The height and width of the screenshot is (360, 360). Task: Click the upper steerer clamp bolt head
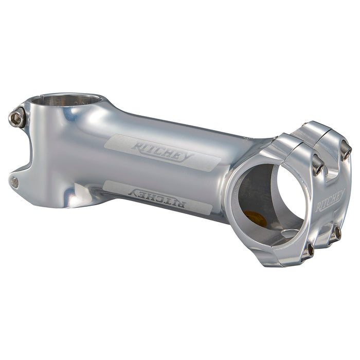tap(16, 119)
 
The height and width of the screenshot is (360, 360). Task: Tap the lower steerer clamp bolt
tap(15, 182)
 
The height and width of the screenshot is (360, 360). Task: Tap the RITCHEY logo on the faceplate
tap(330, 201)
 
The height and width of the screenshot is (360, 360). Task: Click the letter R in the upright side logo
tap(137, 147)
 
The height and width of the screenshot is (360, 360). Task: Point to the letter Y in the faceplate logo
tap(341, 194)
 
